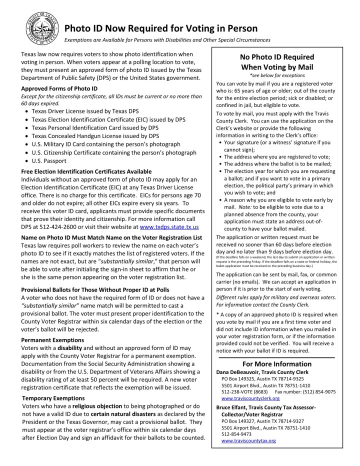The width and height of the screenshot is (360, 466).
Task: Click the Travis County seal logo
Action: tap(41, 27)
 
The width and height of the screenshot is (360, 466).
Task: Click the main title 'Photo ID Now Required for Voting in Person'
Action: tap(161, 28)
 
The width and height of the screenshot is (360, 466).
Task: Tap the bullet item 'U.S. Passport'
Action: tap(48, 161)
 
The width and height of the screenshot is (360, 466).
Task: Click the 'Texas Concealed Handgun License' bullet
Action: tap(95, 135)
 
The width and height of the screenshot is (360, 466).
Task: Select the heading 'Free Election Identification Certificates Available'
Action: tap(86, 171)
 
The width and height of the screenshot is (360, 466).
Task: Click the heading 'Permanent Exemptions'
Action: tap(51, 339)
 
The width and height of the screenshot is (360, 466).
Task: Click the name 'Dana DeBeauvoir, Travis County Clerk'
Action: tap(262, 372)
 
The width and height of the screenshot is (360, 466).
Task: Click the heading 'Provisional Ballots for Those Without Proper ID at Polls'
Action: tap(95, 290)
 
